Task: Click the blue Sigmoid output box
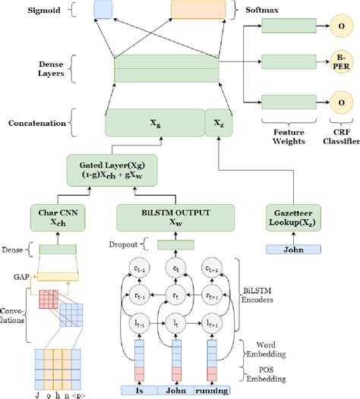coord(102,10)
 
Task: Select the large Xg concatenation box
coord(154,121)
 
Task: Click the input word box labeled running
coord(213,390)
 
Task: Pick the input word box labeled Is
coord(140,390)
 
